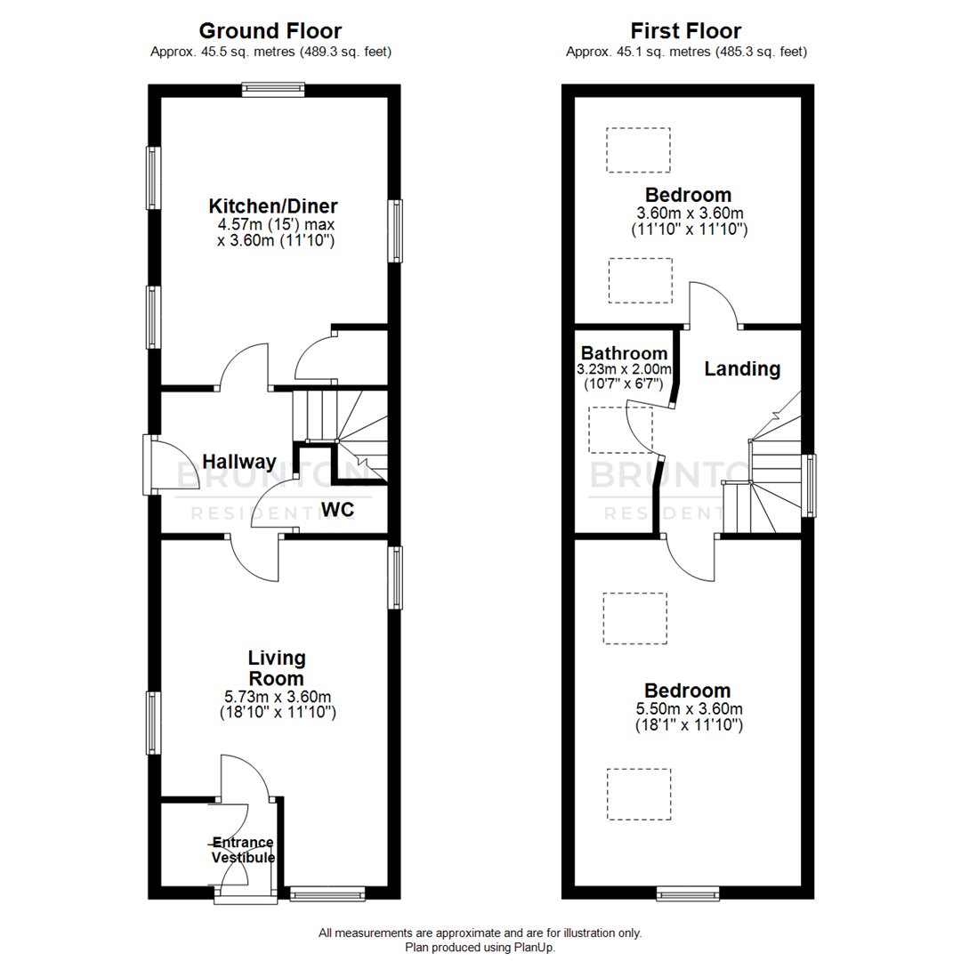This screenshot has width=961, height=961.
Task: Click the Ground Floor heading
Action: (x=271, y=32)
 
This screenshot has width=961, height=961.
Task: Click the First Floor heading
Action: (x=686, y=32)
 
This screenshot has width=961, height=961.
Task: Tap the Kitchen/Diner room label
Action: (x=273, y=206)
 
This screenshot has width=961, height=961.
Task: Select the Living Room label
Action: (x=276, y=668)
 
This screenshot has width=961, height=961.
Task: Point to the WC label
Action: (x=339, y=511)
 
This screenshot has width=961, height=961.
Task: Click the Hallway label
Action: (x=238, y=462)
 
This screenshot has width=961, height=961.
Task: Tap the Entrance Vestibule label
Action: (x=243, y=851)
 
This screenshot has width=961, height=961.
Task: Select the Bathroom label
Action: (x=624, y=353)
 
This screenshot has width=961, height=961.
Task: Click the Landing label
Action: (x=742, y=368)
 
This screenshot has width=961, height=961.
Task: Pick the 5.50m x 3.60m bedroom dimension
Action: (x=690, y=709)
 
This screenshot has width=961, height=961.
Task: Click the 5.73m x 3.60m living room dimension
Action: (x=276, y=697)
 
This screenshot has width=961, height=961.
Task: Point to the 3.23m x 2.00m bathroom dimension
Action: (x=626, y=369)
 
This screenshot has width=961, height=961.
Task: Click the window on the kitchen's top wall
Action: (x=273, y=89)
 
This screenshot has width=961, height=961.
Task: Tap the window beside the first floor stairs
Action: (x=808, y=486)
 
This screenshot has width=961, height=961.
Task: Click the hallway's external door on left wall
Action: (x=149, y=464)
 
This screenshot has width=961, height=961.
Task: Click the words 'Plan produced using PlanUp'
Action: (x=480, y=948)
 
